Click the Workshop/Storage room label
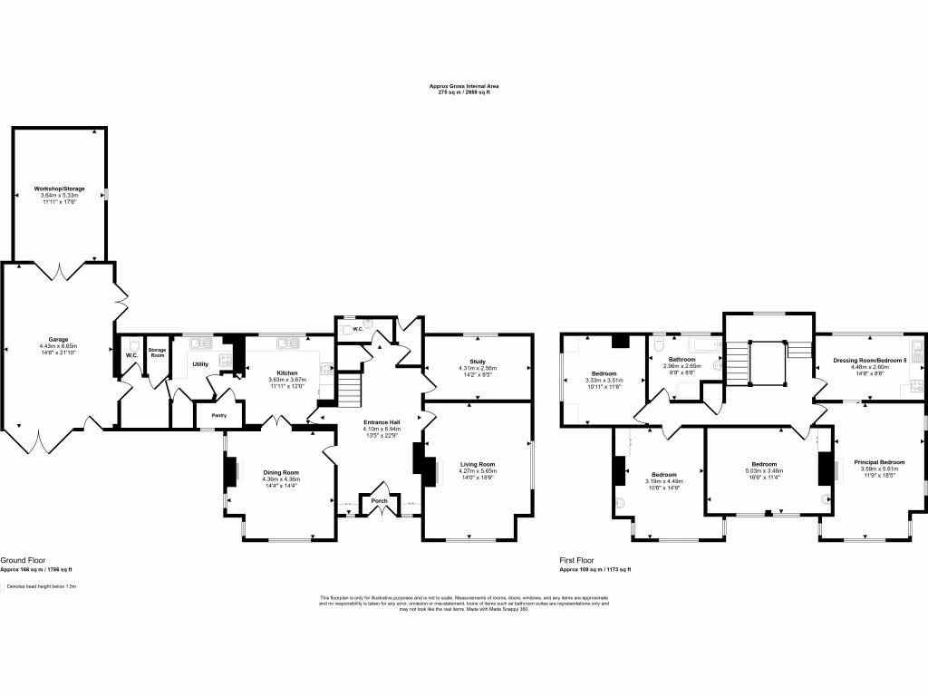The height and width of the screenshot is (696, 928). click(x=59, y=188)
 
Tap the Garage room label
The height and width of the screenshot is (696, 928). click(x=58, y=340)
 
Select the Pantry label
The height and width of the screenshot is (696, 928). click(x=218, y=415)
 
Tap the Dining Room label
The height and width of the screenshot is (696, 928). click(x=281, y=472)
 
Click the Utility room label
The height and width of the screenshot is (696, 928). click(x=200, y=364)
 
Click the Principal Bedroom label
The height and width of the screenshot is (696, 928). click(x=879, y=462)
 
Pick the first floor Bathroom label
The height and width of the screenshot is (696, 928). click(x=681, y=359)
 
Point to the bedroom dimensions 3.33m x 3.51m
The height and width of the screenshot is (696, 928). click(x=604, y=381)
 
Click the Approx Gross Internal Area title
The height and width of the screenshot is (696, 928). click(x=464, y=86)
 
